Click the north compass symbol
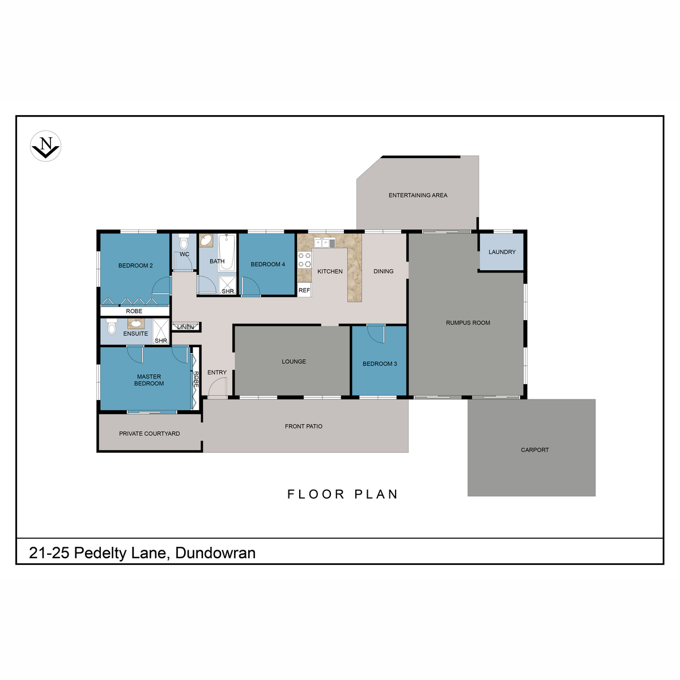pos(45,146)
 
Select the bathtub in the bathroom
pos(227,252)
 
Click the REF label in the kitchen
pos(304,291)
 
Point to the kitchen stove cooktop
pos(304,260)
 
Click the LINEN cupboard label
pos(186,327)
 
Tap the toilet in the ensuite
pos(112,326)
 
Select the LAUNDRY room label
pos(502,252)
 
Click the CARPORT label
pos(534,450)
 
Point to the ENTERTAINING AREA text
pos(418,195)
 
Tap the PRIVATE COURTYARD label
pos(149,433)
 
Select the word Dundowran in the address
pos(215,553)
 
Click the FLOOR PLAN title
pos(342,494)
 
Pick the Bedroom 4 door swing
pos(251,286)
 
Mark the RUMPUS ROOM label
pos(468,323)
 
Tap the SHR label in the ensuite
pos(161,341)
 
